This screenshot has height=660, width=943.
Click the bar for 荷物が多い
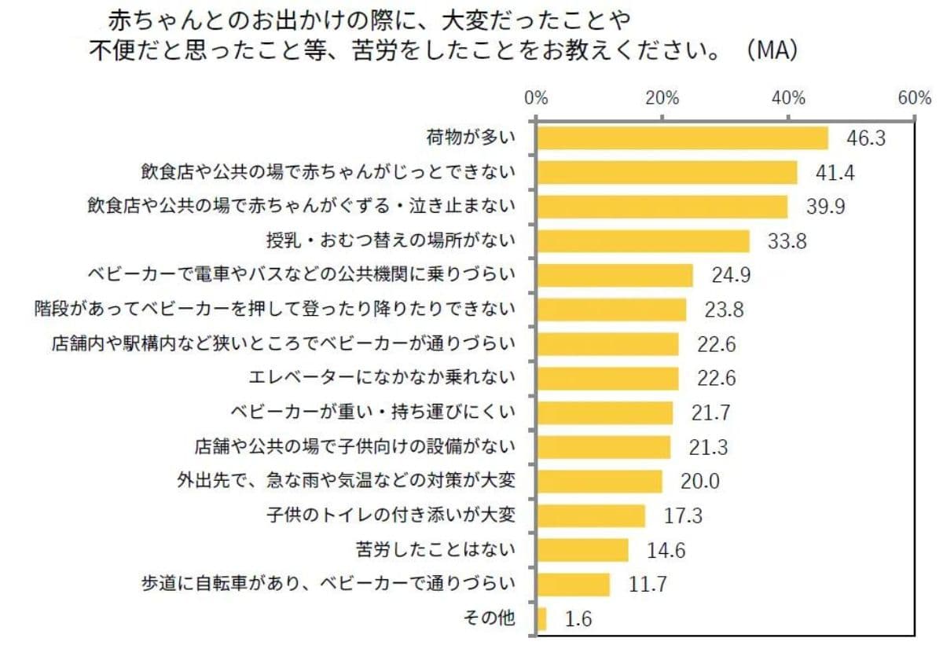tap(682, 138)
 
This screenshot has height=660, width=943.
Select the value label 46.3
tap(866, 138)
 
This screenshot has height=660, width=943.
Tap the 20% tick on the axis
tap(662, 99)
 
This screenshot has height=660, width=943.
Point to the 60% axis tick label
tap(914, 99)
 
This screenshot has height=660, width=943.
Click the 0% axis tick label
tap(536, 99)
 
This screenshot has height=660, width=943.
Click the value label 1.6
tap(578, 619)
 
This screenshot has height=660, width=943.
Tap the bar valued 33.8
tap(643, 241)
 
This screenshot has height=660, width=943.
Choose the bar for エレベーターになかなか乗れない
tap(607, 379)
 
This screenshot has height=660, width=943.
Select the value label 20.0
tap(700, 482)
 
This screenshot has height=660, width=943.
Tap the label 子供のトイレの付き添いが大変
tap(391, 515)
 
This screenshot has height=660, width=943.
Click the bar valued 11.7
tap(574, 585)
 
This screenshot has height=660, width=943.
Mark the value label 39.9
tap(826, 207)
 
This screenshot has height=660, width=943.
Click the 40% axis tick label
tap(788, 99)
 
